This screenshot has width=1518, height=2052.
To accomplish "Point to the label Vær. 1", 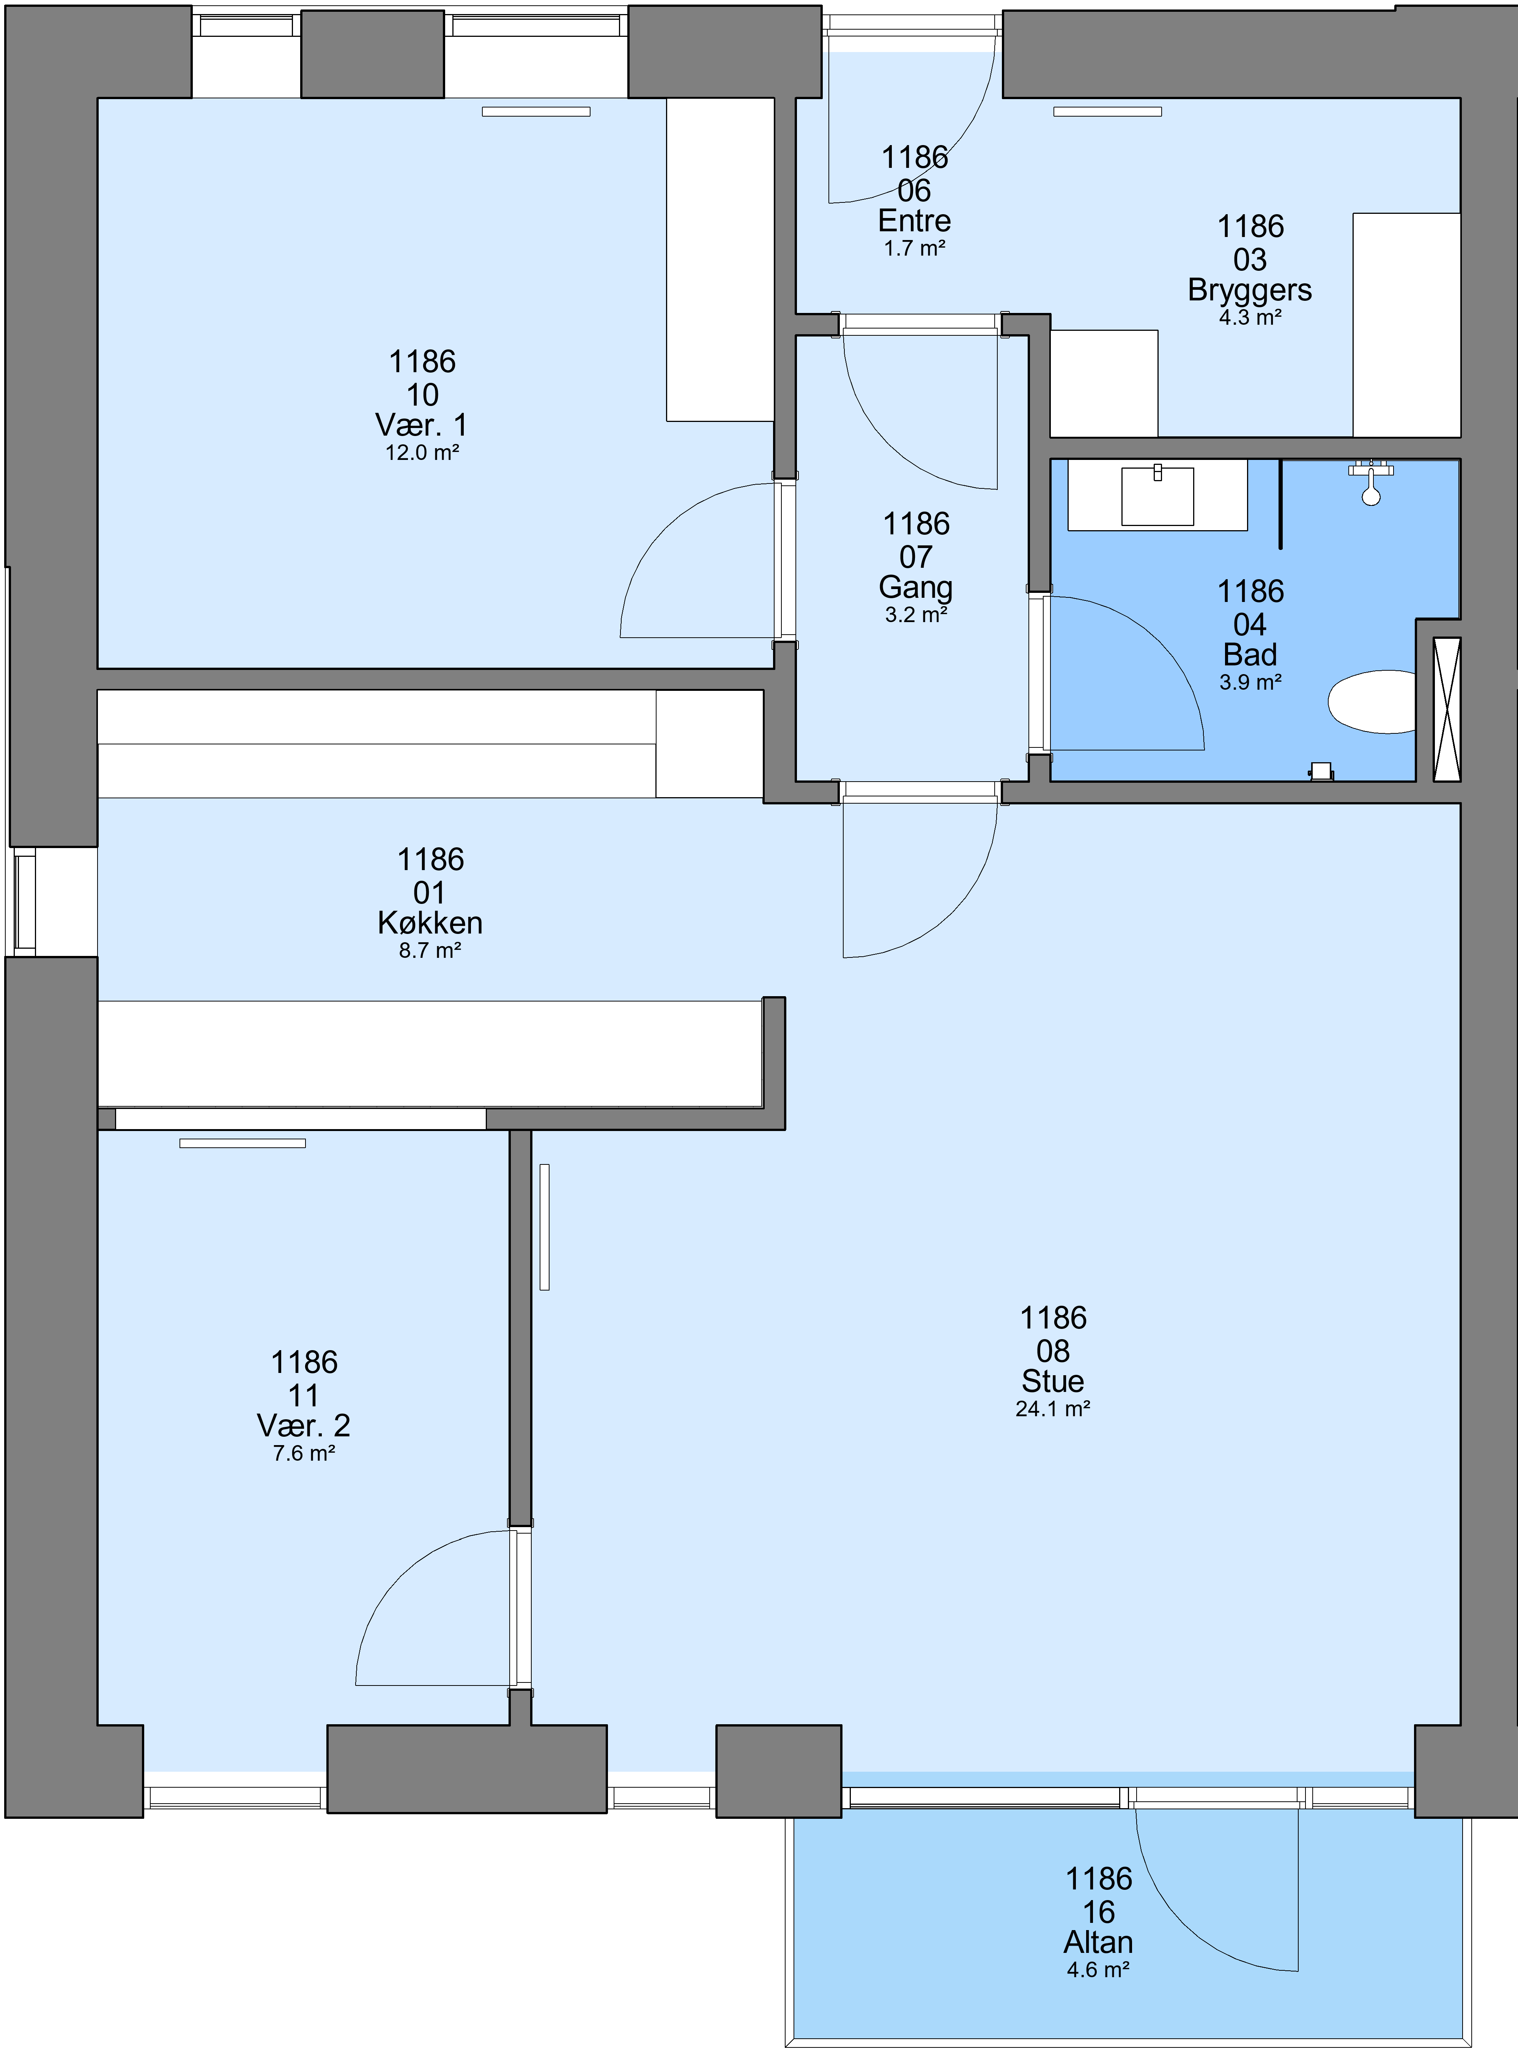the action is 422,425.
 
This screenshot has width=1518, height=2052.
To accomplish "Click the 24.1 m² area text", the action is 1053,1409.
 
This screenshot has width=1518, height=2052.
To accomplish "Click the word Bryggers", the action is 1250,291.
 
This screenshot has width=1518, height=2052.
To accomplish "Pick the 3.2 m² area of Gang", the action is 916,615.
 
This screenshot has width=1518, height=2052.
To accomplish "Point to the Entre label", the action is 914,221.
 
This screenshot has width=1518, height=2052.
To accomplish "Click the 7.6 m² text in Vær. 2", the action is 304,1453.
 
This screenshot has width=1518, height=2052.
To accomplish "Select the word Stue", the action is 1053,1381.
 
